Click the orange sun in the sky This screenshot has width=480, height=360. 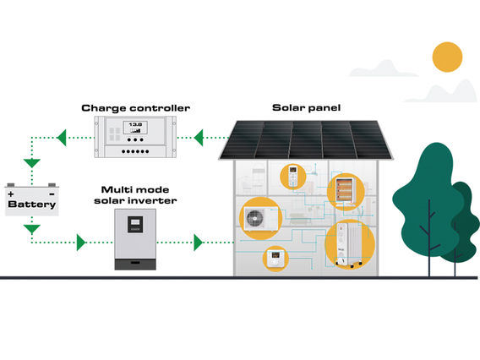pos(447,57)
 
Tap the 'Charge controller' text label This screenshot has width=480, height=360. pos(135,108)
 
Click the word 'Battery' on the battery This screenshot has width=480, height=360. pos(31,204)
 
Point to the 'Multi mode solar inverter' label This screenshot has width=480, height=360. pos(139,194)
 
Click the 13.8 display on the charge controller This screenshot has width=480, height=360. pos(134,128)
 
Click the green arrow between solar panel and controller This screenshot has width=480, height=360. pos(199,135)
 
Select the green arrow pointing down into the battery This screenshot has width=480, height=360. pos(31,163)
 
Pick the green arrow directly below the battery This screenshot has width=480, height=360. pos(31,228)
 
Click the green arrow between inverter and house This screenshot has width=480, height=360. pos(199,243)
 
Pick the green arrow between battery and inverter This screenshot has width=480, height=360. pos(81,243)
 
